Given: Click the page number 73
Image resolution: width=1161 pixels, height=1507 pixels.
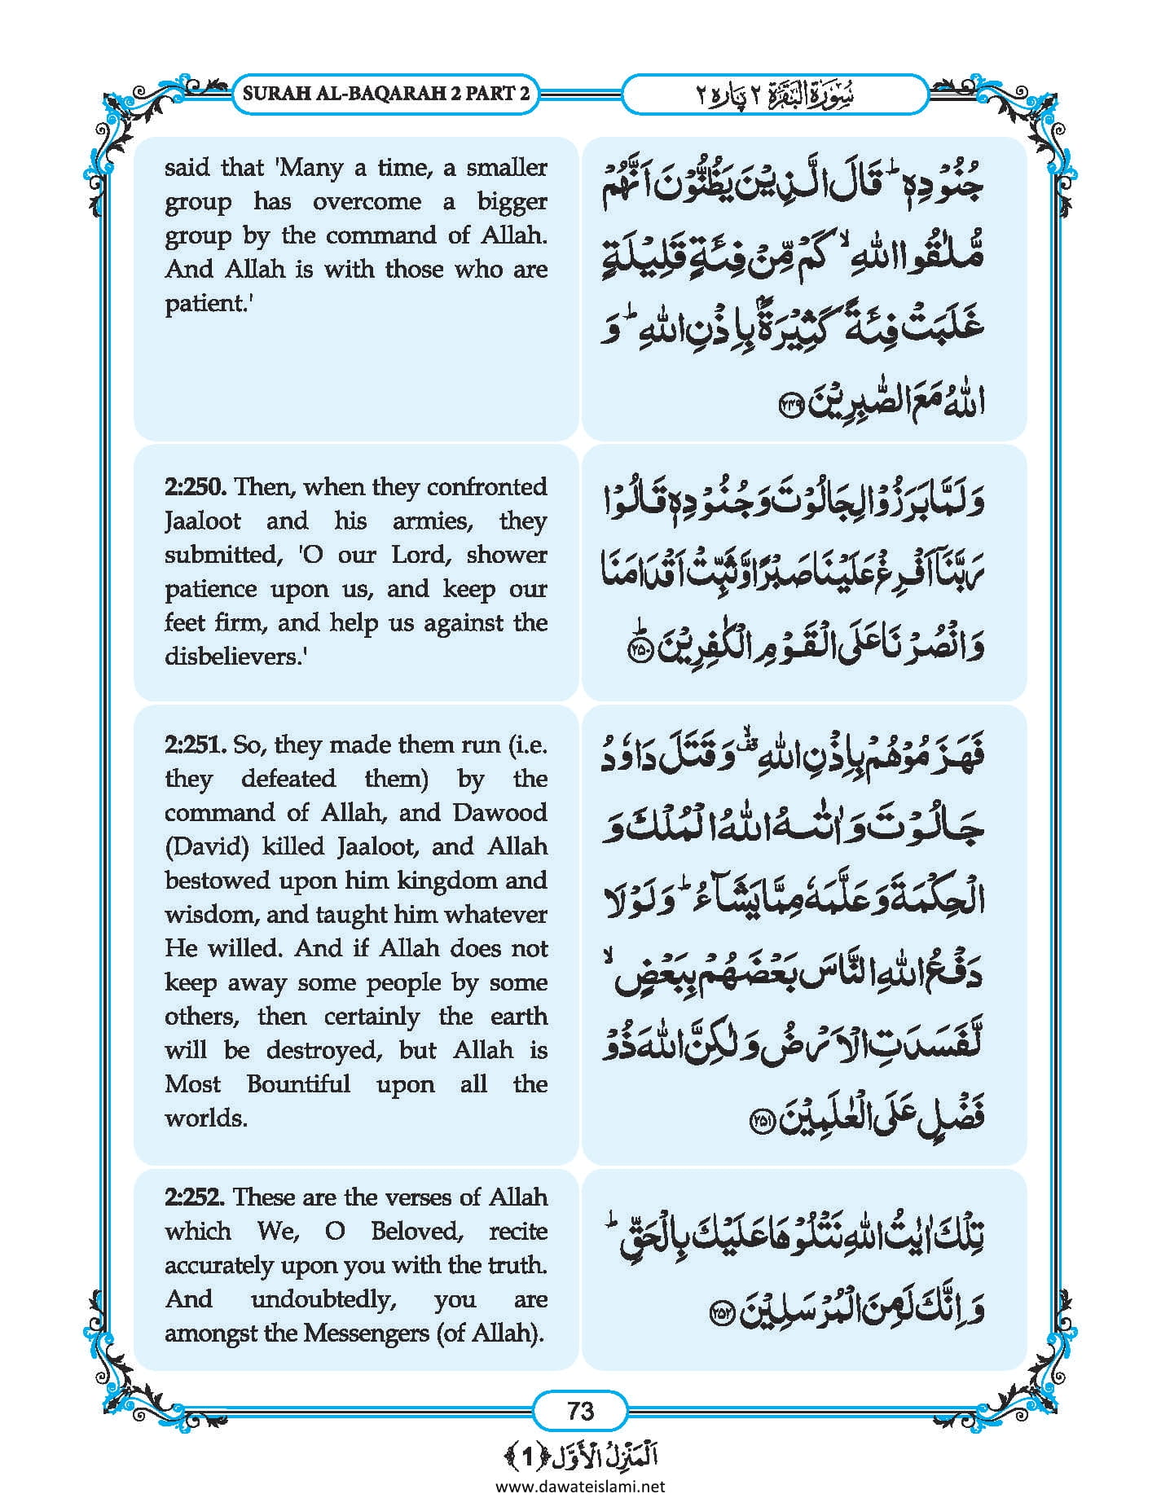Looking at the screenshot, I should [580, 1410].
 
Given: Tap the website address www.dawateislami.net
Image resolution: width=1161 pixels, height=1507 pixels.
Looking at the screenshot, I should [580, 1486].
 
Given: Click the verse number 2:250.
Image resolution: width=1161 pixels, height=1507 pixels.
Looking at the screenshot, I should [196, 487].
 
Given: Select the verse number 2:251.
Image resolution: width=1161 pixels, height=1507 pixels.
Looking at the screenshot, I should [196, 745].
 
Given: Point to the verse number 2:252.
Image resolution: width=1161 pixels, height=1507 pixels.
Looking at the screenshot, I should [196, 1197].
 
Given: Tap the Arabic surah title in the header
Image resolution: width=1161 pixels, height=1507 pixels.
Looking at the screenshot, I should [774, 94].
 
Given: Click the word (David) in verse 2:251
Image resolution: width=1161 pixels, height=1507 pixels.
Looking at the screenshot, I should [207, 846].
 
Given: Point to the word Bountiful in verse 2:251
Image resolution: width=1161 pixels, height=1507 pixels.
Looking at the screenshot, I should [298, 1084].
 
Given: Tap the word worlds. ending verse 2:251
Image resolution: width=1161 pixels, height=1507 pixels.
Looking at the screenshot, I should [205, 1118].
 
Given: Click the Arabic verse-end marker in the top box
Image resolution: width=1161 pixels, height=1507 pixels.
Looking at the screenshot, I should [791, 405].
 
